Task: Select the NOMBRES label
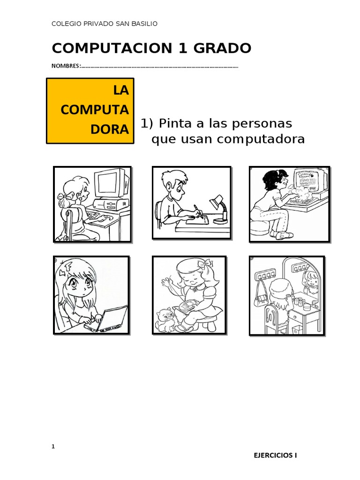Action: [x=66, y=66]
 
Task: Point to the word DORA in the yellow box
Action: [x=110, y=129]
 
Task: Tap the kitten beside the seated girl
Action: [x=165, y=320]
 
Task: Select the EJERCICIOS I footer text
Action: [x=275, y=455]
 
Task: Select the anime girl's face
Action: [x=75, y=285]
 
